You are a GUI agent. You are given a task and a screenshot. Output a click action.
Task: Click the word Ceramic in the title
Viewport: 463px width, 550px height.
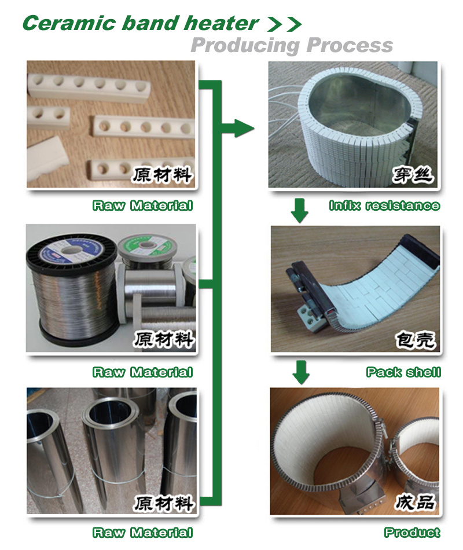[x=69, y=23]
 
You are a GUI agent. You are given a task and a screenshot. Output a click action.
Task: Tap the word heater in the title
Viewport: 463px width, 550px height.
[x=221, y=23]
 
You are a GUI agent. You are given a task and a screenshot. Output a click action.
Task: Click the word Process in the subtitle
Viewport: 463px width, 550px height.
[x=350, y=45]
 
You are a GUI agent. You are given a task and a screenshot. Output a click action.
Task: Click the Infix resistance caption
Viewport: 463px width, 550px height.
[x=384, y=205]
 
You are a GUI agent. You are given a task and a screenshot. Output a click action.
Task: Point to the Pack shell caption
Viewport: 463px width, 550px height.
[x=403, y=372]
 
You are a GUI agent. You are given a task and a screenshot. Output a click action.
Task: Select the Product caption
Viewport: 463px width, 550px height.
[x=412, y=532]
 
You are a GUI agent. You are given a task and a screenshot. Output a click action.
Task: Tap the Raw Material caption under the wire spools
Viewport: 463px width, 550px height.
[x=143, y=372]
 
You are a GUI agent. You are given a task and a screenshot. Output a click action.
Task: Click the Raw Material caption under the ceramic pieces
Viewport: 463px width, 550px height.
[x=143, y=205]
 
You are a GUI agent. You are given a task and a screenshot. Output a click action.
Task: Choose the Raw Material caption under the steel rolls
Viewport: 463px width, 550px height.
[x=143, y=532]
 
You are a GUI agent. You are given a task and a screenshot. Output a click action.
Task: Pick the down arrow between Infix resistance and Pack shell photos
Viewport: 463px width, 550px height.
[x=300, y=211]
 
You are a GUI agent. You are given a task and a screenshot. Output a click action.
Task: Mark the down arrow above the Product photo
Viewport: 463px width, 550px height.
[x=301, y=372]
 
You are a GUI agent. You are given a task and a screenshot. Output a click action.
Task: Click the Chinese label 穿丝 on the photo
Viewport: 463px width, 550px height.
[x=413, y=175]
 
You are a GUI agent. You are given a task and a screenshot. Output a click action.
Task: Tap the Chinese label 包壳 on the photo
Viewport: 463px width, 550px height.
[x=416, y=339]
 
